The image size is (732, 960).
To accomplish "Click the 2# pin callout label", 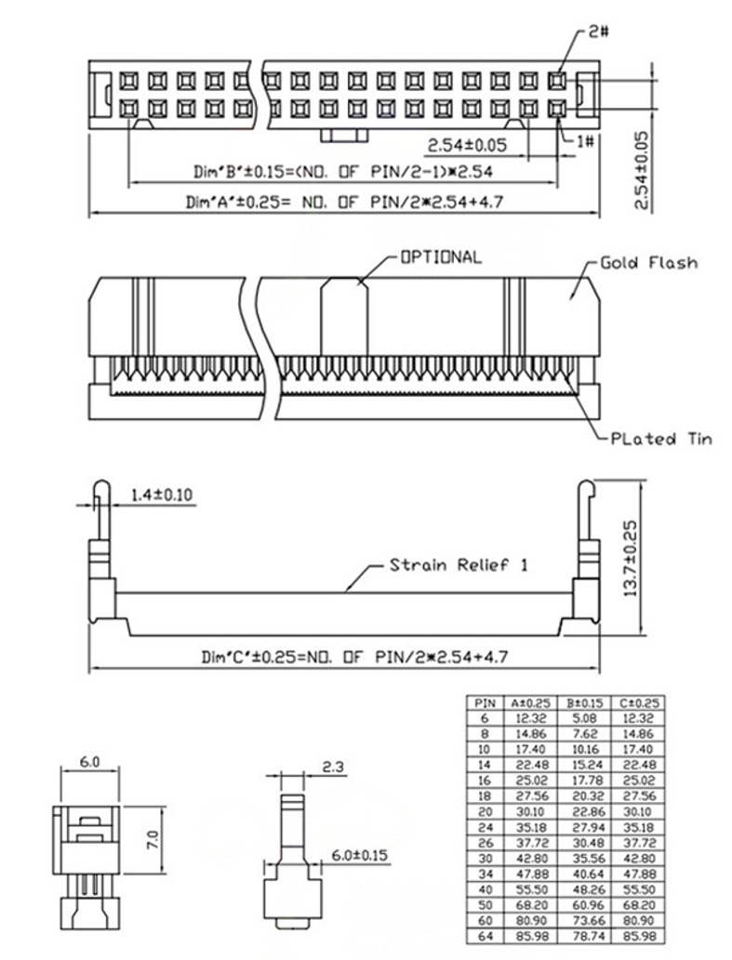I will click(599, 32).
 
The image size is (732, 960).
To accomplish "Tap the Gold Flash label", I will click(648, 263).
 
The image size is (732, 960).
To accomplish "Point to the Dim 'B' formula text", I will click(342, 171).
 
